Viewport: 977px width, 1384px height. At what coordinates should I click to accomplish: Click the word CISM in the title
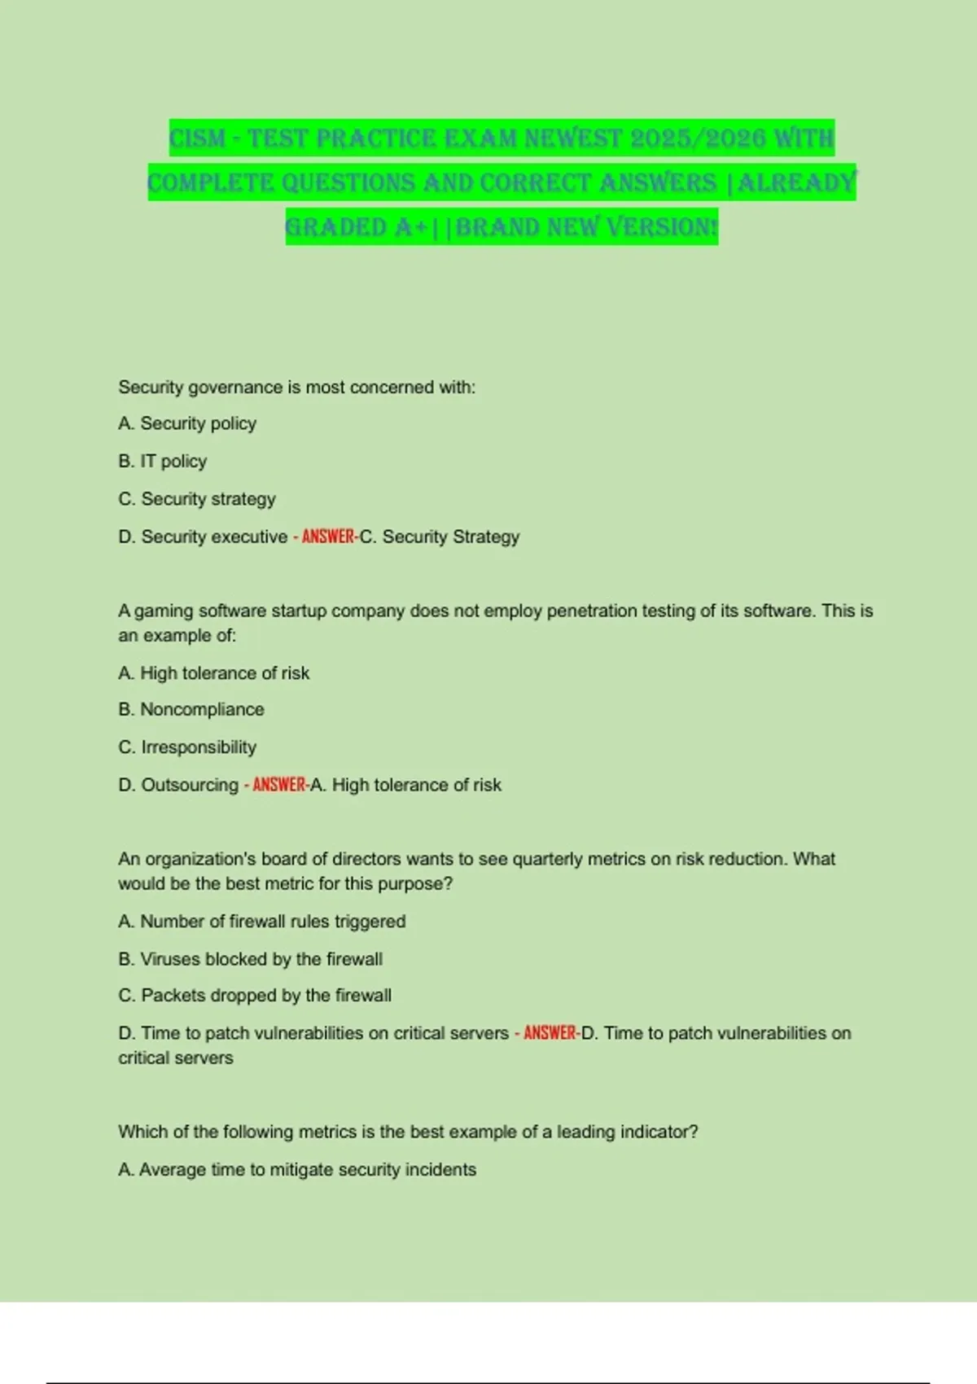coord(197,138)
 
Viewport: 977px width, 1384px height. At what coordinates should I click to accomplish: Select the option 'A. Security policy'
coord(187,423)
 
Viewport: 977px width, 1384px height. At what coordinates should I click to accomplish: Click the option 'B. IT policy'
coord(163,461)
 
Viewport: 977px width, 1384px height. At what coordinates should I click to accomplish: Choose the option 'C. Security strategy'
coord(197,498)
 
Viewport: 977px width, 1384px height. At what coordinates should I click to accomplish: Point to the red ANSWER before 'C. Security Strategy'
coord(328,537)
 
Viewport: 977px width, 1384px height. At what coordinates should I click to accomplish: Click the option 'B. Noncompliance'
coord(191,709)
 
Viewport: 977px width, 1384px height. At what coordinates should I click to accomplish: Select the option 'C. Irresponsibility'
coord(187,747)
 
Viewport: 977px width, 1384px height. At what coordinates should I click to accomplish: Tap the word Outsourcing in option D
coord(190,785)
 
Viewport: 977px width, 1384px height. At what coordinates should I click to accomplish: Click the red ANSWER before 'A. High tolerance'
coord(279,785)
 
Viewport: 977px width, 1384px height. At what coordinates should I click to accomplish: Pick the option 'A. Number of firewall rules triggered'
coord(262,921)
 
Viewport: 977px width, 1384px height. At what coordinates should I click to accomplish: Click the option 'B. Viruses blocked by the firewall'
coord(251,959)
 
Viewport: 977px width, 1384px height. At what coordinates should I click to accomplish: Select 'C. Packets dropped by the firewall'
coord(255,995)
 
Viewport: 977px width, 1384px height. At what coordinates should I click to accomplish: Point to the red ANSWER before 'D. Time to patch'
coord(550,1033)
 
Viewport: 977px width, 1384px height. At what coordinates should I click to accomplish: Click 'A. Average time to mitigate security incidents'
coord(297,1169)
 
